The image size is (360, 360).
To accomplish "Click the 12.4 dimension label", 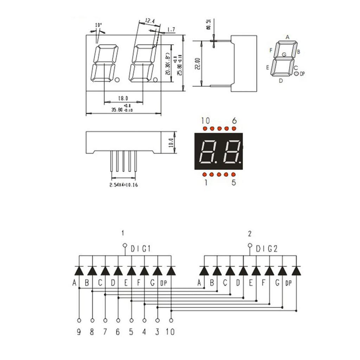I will click(x=149, y=21).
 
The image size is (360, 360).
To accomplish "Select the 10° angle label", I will click(x=98, y=25).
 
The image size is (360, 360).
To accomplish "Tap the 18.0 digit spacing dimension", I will click(x=123, y=98).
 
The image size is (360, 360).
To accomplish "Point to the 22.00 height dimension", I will click(x=198, y=64).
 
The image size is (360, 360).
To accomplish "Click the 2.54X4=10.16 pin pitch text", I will click(x=123, y=185).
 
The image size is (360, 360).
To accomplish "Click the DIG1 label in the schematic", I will click(x=141, y=249).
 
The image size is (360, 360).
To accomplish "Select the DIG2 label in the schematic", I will click(x=266, y=249).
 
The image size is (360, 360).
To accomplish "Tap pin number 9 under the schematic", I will click(x=79, y=332).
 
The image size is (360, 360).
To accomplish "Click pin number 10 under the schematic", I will click(x=171, y=332).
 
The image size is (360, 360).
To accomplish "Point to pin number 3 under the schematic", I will click(x=157, y=332).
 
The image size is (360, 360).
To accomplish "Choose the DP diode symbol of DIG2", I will click(x=296, y=271).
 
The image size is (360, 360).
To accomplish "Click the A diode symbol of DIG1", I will click(x=79, y=271).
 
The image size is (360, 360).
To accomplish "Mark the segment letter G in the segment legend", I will click(x=284, y=54).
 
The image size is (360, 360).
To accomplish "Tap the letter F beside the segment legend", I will click(x=271, y=50).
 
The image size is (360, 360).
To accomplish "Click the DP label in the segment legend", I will click(x=302, y=74).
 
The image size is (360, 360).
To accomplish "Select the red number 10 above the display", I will click(x=205, y=121).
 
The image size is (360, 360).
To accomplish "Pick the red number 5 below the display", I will click(x=234, y=182).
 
